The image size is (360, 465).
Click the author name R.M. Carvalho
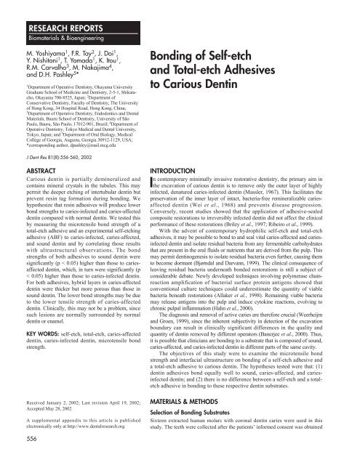pyautogui.click(x=28, y=73)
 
